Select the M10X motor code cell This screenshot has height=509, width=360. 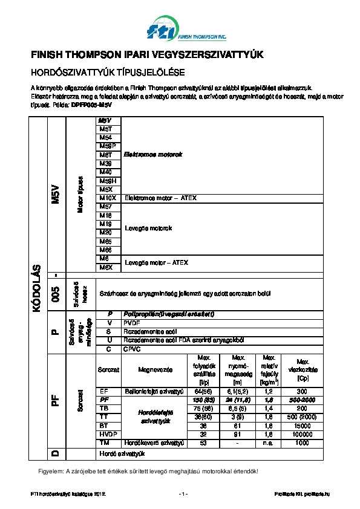[x=108, y=198]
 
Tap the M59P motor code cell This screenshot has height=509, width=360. [x=107, y=146]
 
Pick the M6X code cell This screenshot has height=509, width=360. [x=106, y=267]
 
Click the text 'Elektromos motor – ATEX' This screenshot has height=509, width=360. [x=160, y=198]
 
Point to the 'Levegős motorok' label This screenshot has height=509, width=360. [x=148, y=228]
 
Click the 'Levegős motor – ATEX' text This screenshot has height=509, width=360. [x=156, y=262]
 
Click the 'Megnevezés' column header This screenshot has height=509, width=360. [x=152, y=369]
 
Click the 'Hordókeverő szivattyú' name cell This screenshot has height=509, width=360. [x=154, y=443]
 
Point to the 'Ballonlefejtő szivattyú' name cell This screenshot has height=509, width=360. [x=154, y=391]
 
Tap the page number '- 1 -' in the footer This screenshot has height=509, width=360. [x=183, y=494]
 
